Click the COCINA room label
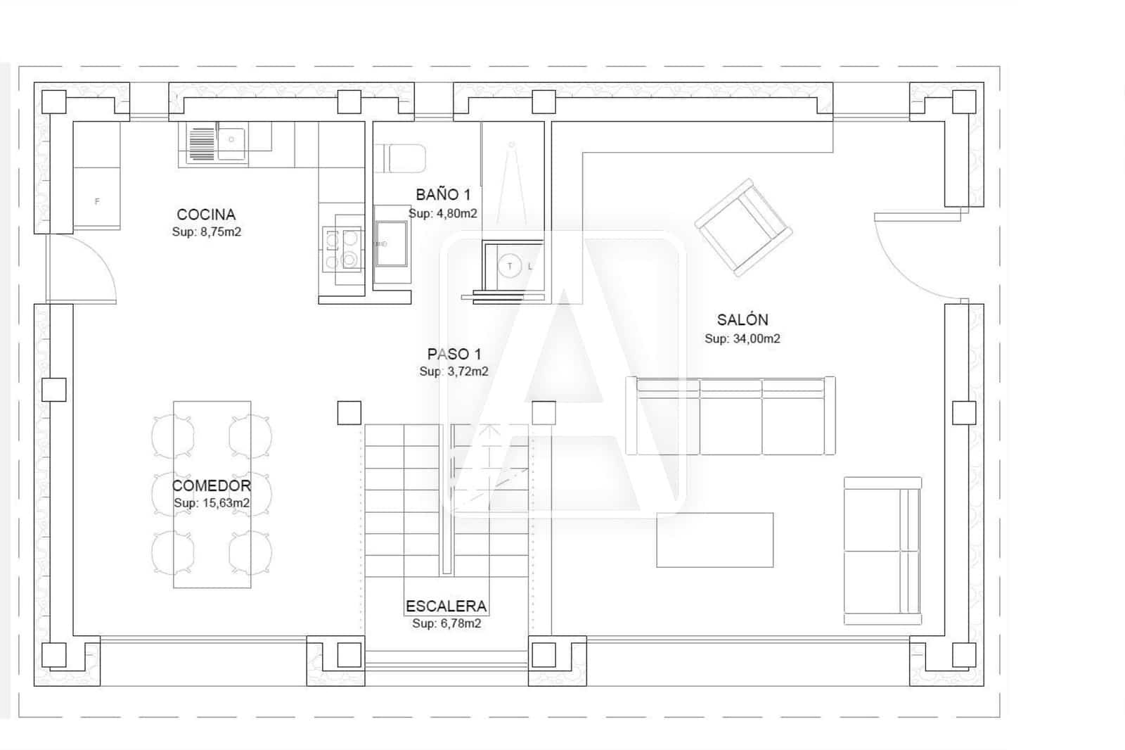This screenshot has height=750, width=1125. (x=206, y=215)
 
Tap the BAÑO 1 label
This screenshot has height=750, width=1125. (x=443, y=195)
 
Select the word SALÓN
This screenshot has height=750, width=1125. (x=742, y=320)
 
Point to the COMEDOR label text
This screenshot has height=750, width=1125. (x=212, y=485)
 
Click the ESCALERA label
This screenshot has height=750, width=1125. (x=446, y=606)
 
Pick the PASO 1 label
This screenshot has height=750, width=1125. (x=454, y=354)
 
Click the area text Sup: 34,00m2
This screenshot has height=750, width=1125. (x=742, y=338)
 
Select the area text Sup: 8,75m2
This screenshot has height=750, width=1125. (x=207, y=231)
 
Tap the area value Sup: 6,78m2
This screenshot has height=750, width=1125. (x=446, y=623)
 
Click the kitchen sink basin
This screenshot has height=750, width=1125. (x=231, y=144)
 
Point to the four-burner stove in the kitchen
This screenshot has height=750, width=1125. (x=342, y=250)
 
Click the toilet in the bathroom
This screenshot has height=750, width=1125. (x=401, y=158)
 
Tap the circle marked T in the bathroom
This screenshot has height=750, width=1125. (x=510, y=266)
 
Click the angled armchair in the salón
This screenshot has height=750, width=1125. (x=743, y=227)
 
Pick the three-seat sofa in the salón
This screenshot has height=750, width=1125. (x=731, y=416)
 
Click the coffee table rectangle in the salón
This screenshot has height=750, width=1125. (x=714, y=540)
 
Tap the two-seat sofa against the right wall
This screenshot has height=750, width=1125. (x=882, y=551)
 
